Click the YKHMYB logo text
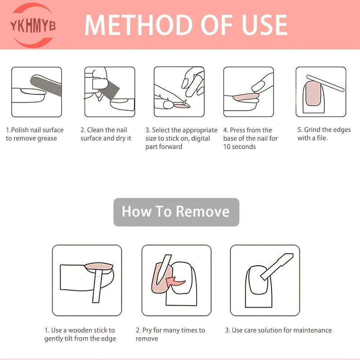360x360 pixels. (33, 26)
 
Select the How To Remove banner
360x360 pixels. (176, 212)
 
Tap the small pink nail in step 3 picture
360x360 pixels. (181, 105)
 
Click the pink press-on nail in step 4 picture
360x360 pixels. (246, 97)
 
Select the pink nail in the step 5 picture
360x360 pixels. (313, 94)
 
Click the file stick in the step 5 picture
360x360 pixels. (325, 83)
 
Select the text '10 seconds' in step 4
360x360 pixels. (239, 147)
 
